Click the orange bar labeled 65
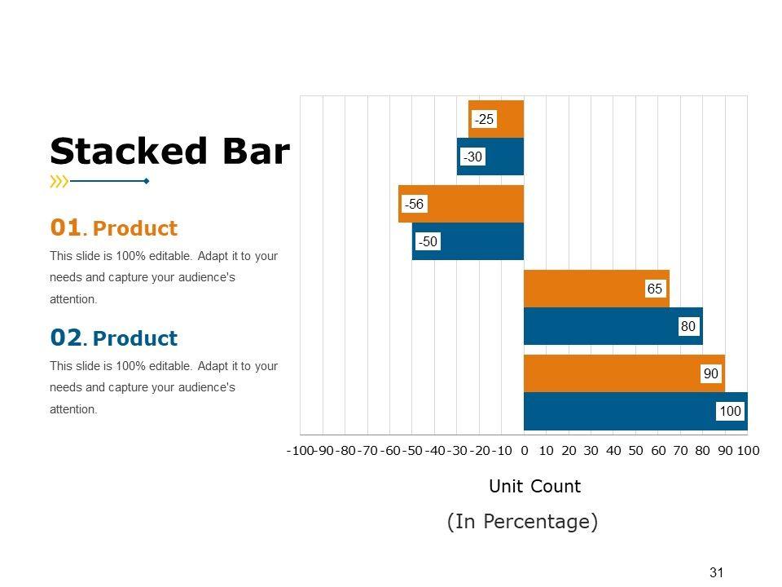pyautogui.click(x=586, y=289)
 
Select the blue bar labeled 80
pyautogui.click(x=603, y=326)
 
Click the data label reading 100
pyautogui.click(x=731, y=412)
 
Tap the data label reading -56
pyautogui.click(x=415, y=205)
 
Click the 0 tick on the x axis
pyautogui.click(x=524, y=450)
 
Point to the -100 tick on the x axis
pyautogui.click(x=301, y=450)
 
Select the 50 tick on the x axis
pyautogui.click(x=636, y=450)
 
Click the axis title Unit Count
pyautogui.click(x=534, y=487)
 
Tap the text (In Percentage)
pyautogui.click(x=522, y=522)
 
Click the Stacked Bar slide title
pyautogui.click(x=169, y=152)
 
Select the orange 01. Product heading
pyautogui.click(x=113, y=227)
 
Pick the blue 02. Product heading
pyautogui.click(x=113, y=338)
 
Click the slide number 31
pyautogui.click(x=717, y=572)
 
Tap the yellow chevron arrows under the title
pyautogui.click(x=59, y=181)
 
